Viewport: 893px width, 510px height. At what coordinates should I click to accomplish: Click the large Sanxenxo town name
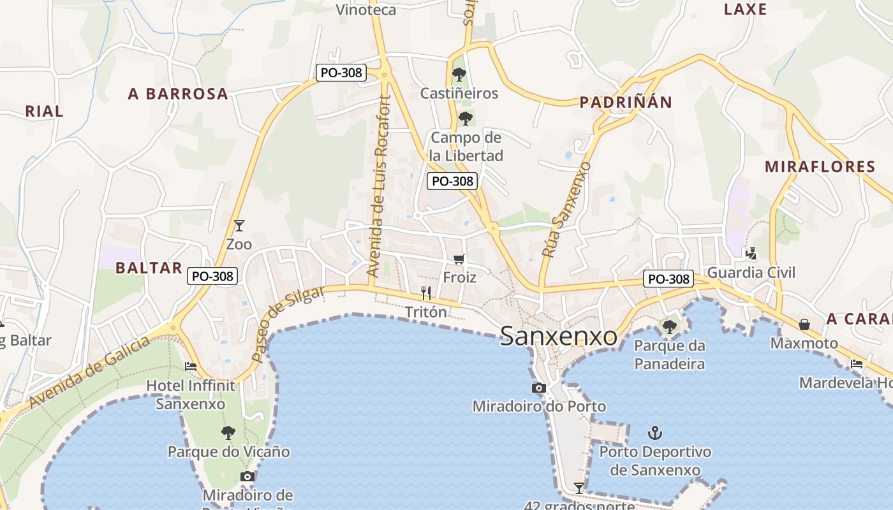pos(558,336)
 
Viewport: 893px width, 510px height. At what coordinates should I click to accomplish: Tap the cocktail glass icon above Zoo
pos(239,225)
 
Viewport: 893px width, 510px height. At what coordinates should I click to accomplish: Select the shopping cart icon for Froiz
pos(459,259)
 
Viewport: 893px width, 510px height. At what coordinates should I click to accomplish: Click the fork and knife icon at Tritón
pos(426,293)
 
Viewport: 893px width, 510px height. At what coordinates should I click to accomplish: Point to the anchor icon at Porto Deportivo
pos(654,433)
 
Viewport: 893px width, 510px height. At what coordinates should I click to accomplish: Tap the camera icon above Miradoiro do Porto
pos(539,388)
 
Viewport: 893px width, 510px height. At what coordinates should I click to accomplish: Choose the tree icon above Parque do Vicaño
pos(228,433)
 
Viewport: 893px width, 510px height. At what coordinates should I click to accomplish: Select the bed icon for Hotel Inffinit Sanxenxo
pos(191,367)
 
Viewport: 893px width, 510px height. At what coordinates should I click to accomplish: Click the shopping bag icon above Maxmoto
pos(804,324)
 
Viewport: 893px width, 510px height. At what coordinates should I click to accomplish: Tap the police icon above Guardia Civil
pos(751,254)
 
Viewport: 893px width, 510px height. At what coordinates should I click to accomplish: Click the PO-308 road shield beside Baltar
pos(213,276)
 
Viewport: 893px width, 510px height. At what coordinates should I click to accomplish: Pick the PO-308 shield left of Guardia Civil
pos(668,279)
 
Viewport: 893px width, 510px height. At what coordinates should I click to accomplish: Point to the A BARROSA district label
pos(178,94)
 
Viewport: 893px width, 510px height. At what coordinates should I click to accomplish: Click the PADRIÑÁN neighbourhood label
pos(626,102)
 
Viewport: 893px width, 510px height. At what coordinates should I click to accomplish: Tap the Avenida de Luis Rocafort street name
pos(378,186)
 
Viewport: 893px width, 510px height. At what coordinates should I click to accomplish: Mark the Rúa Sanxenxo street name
pos(567,210)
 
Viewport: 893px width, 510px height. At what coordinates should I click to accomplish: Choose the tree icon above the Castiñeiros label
pos(459,75)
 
